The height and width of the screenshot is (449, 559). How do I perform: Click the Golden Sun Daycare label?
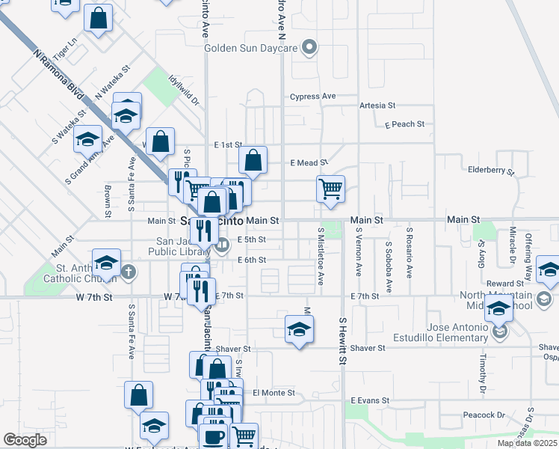pos(252,49)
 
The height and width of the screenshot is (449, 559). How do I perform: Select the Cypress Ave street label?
pos(313,97)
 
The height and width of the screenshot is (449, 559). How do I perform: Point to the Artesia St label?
pos(377,106)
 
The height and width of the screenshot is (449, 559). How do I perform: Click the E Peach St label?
pos(404,124)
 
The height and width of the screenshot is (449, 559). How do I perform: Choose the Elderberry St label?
pos(491,171)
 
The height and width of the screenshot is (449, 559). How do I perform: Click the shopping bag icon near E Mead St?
pos(253,159)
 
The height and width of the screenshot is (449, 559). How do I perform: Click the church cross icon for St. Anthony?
pos(129,271)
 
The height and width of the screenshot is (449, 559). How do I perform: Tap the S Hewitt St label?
pos(342,340)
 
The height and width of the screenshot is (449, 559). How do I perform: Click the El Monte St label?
pos(274,393)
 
